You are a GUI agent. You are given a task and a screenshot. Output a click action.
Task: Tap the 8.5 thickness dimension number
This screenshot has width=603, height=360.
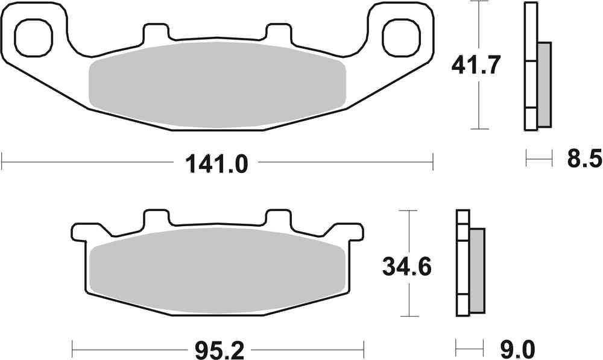[584, 160]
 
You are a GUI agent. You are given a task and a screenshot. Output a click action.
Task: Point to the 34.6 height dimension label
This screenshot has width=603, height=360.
[407, 265]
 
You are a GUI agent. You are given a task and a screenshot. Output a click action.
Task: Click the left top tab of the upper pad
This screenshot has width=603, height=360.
[156, 33]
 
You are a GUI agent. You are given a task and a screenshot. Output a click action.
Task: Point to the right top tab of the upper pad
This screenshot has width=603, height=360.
[278, 33]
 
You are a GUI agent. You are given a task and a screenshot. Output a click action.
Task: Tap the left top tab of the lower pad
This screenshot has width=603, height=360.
[156, 218]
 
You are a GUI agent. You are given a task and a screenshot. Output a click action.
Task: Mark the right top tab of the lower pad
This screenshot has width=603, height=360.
[278, 218]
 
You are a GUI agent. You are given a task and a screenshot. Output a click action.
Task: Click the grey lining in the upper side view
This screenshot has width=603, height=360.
[544, 84]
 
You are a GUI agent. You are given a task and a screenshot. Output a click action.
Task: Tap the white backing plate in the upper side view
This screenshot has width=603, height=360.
[531, 66]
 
